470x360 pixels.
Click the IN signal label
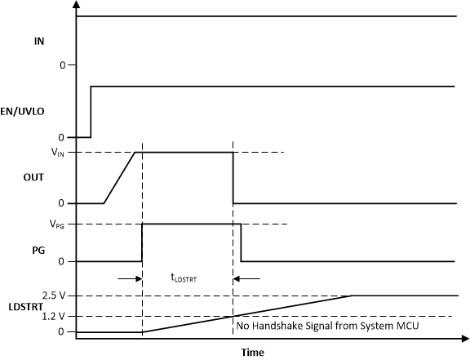click(x=39, y=39)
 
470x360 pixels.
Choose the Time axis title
click(x=252, y=353)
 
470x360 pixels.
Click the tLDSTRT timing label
click(x=183, y=278)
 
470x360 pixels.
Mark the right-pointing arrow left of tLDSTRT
click(x=129, y=278)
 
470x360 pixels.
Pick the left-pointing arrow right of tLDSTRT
click(x=247, y=278)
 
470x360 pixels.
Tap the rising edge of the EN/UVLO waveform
click(x=90, y=111)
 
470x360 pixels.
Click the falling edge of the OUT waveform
click(x=233, y=177)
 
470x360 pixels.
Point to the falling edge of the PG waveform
click(x=241, y=242)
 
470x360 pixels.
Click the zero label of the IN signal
click(x=62, y=64)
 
